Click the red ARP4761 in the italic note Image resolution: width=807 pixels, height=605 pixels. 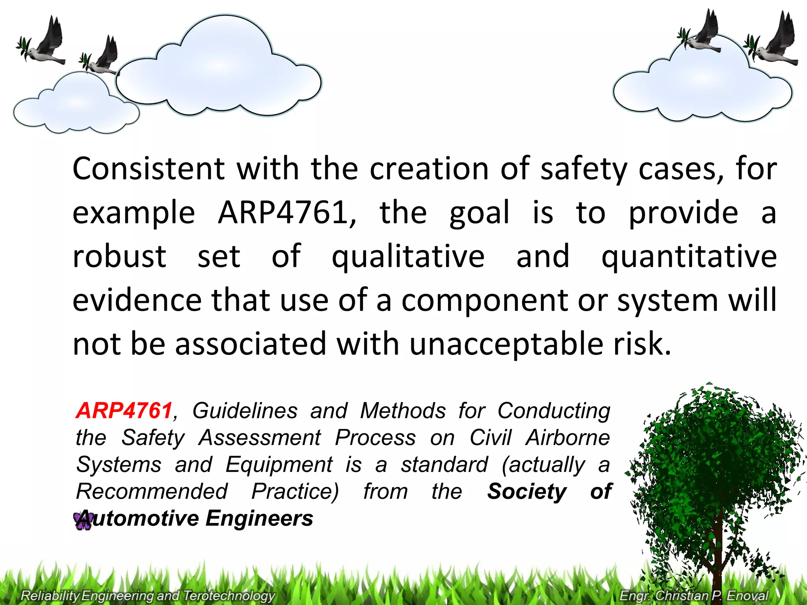click(124, 410)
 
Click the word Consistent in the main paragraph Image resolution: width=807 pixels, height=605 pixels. click(149, 169)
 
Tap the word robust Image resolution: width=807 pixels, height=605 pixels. click(119, 256)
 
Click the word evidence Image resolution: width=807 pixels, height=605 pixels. click(137, 300)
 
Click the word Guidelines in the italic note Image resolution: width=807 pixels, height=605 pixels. click(245, 410)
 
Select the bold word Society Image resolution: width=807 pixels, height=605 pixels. click(526, 491)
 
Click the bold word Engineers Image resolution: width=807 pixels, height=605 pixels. click(259, 518)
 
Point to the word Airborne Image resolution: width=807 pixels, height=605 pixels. click(568, 438)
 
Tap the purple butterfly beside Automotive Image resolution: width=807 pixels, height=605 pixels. click(82, 521)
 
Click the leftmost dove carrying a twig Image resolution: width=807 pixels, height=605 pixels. click(43, 43)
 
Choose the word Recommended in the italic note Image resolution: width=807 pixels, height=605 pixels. click(152, 491)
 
